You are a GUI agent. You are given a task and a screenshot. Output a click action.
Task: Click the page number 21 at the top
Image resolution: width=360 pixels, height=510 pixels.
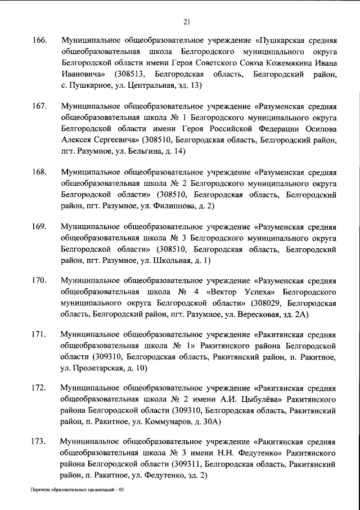point(187,22)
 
